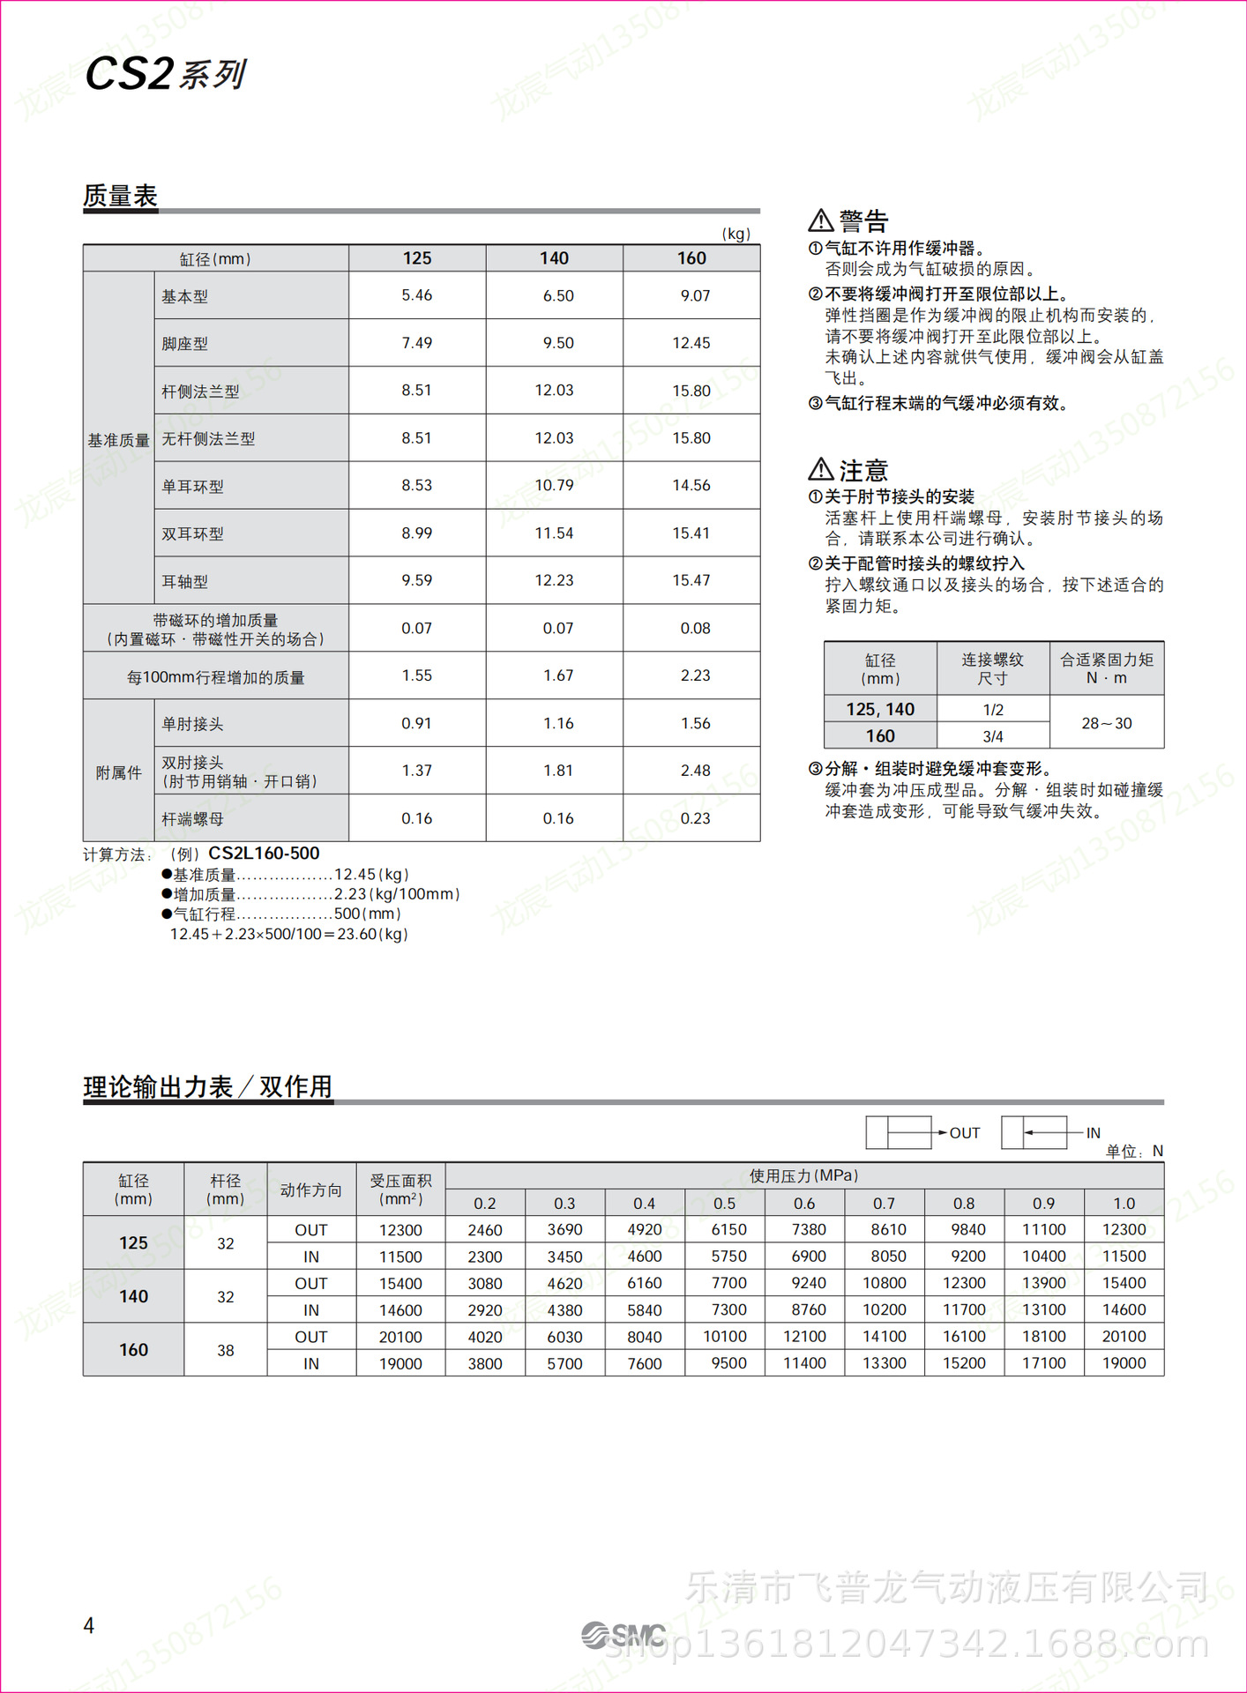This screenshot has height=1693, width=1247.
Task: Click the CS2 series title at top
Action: pyautogui.click(x=165, y=74)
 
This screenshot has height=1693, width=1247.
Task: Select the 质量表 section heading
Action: pyautogui.click(x=120, y=196)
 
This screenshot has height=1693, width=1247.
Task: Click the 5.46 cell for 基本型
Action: pyautogui.click(x=417, y=295)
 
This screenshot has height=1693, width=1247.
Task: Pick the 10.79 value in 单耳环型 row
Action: pyautogui.click(x=554, y=485)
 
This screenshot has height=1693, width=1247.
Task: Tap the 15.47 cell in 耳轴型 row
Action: pyautogui.click(x=691, y=580)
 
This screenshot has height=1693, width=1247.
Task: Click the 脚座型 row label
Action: pyautogui.click(x=185, y=344)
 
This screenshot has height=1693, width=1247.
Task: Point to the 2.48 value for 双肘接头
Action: pyautogui.click(x=695, y=771)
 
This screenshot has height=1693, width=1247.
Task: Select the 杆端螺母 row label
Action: pyautogui.click(x=192, y=819)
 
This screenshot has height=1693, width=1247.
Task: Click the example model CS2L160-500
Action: pyautogui.click(x=264, y=854)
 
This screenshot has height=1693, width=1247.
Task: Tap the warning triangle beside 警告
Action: pyautogui.click(x=821, y=220)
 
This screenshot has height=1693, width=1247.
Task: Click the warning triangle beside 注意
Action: pyautogui.click(x=821, y=469)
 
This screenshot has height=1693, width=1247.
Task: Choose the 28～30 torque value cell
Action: pyautogui.click(x=1107, y=723)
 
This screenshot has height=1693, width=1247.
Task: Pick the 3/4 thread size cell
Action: pyautogui.click(x=993, y=736)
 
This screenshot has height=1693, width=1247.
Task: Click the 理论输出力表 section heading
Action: pyautogui.click(x=208, y=1086)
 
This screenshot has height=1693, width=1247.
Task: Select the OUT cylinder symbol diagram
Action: pyautogui.click(x=900, y=1132)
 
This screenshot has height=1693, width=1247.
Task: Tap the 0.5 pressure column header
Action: pyautogui.click(x=724, y=1204)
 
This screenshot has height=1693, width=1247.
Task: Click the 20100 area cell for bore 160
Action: pyautogui.click(x=400, y=1337)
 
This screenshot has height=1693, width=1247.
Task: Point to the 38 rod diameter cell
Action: pyautogui.click(x=226, y=1350)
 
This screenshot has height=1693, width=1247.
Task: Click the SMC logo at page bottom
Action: pyautogui.click(x=623, y=1636)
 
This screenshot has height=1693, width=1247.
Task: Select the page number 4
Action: pyautogui.click(x=89, y=1625)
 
